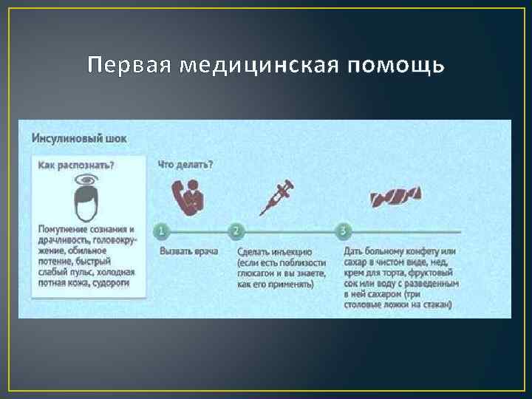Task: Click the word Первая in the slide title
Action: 126,66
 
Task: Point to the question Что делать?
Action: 185,165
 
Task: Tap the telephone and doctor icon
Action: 188,197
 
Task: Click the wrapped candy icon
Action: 395,198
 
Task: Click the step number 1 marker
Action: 162,231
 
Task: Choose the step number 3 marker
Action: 342,231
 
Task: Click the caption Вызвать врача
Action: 188,251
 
